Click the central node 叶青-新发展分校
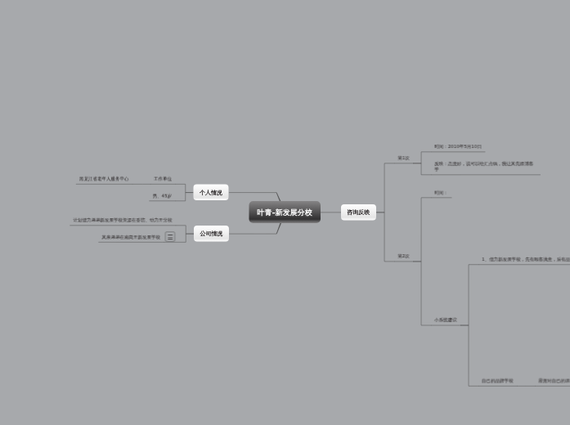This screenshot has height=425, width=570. pyautogui.click(x=285, y=212)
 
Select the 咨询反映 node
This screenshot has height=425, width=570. pyautogui.click(x=358, y=212)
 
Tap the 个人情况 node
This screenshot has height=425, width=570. pyautogui.click(x=211, y=193)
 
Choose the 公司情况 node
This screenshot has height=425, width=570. pyautogui.click(x=211, y=234)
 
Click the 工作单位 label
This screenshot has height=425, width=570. pyautogui.click(x=162, y=178)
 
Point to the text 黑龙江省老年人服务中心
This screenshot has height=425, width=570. pyautogui.click(x=104, y=178)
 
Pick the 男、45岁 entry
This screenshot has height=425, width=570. pyautogui.click(x=162, y=196)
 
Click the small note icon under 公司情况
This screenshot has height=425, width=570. pyautogui.click(x=170, y=237)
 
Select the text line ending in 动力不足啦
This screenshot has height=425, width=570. pyautogui.click(x=123, y=220)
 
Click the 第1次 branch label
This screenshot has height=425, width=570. pyautogui.click(x=403, y=158)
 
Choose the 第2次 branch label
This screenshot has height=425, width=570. pyautogui.click(x=403, y=256)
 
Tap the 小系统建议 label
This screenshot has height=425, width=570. pyautogui.click(x=446, y=320)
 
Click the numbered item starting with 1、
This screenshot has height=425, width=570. pyautogui.click(x=524, y=259)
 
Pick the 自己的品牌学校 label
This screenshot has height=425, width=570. pyautogui.click(x=497, y=381)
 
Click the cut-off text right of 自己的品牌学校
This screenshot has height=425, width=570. pyautogui.click(x=554, y=381)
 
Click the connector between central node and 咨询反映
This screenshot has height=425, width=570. pyautogui.click(x=330, y=212)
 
